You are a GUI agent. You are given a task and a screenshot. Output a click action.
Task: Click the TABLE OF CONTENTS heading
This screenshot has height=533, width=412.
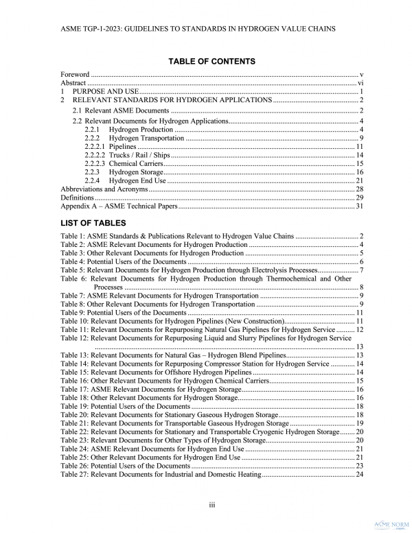[211, 62]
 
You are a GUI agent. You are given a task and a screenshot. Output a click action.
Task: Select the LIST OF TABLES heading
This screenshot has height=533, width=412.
[93, 223]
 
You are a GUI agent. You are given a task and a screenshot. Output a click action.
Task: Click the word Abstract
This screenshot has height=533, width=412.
[73, 82]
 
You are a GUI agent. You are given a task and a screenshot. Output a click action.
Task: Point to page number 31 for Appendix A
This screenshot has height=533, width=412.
[359, 206]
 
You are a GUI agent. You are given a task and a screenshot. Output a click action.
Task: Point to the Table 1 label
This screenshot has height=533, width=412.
[73, 236]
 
